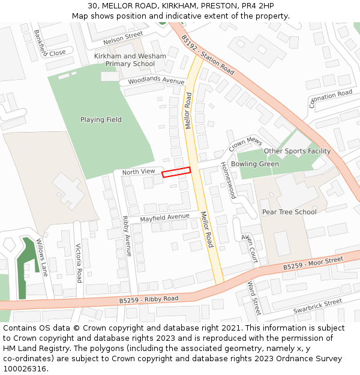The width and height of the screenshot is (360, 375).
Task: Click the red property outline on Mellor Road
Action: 176,172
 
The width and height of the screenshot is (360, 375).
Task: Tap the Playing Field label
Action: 101,119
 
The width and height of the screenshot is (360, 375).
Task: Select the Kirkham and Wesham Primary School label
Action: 130,60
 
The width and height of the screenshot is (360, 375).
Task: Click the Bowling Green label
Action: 255,164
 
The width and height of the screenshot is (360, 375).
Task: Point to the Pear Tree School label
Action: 289,212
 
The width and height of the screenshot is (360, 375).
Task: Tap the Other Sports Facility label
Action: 297,151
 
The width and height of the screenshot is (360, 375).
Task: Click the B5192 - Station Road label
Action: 208,54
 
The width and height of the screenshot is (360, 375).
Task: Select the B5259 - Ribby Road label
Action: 149,299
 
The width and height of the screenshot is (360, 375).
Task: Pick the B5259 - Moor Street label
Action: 313,263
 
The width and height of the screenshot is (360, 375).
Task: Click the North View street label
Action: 139,172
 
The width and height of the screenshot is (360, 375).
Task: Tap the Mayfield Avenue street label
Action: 164,217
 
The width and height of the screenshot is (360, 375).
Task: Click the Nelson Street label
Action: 123,39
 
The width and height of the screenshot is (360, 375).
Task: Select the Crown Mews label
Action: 245,143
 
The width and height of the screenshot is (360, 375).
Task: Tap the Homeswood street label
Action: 228,180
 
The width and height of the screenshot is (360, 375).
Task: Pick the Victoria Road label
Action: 79,263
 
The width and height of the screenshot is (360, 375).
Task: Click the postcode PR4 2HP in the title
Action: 262,6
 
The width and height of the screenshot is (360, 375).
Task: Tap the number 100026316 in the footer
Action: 24,369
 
